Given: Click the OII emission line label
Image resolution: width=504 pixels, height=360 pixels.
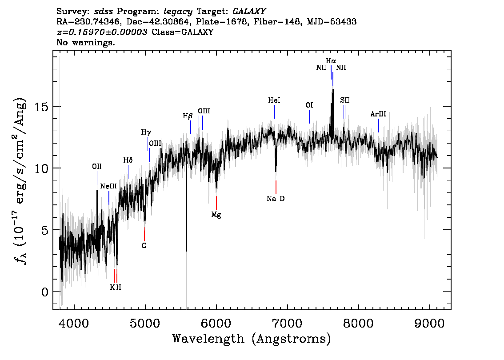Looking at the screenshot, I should pos(97,166).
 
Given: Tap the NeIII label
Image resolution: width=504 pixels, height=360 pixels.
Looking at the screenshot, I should pos(108,186).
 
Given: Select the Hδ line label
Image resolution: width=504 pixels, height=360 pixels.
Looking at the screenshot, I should pos(128,160).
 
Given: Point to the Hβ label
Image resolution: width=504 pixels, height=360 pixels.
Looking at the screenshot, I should pos(188,116).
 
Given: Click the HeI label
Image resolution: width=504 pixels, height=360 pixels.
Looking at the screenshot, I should pos(274,101).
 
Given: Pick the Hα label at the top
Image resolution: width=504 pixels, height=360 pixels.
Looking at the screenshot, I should pos(331,61).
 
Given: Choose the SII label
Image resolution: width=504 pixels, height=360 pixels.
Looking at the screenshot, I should pos(345,100).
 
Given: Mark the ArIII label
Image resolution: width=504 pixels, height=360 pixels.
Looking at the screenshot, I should pos(378,114).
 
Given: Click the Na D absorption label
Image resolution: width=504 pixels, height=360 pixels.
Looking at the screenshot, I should pos(276,199).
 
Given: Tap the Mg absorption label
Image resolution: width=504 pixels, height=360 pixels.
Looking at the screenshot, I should pos(216,215).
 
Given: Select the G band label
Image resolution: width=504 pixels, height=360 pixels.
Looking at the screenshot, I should pos(144,245).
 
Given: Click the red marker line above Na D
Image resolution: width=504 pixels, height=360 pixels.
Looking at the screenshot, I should pos(276,187).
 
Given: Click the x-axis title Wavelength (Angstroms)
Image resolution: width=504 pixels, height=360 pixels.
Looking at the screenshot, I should pos(252,339).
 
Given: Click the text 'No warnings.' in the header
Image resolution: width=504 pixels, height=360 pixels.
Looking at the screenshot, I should pos(86,43).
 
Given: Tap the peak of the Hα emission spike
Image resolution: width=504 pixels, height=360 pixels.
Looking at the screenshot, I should pos(333,90).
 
